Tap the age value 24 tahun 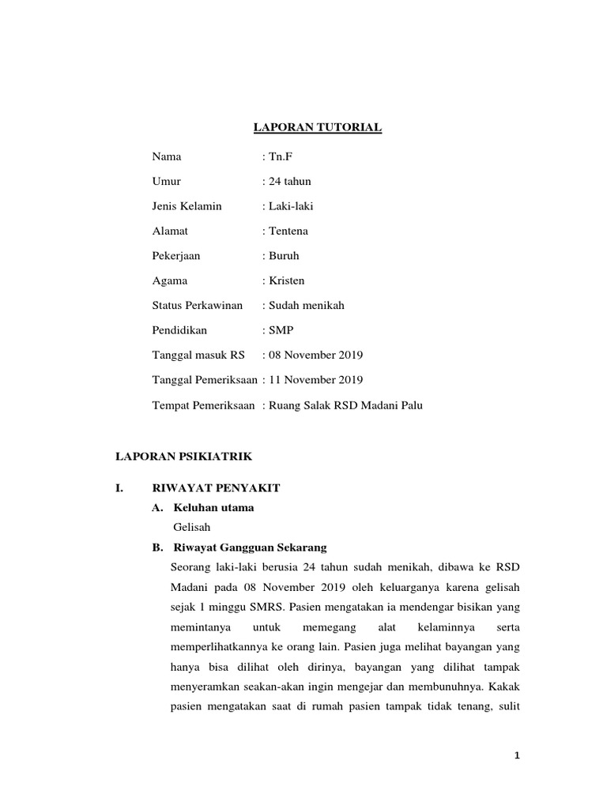coord(289,181)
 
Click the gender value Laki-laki coord(292,206)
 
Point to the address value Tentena coord(290,231)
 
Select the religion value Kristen coord(287,280)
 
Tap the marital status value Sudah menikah coord(307,305)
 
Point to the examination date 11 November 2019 coord(316,380)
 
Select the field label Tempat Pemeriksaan coord(203,405)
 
